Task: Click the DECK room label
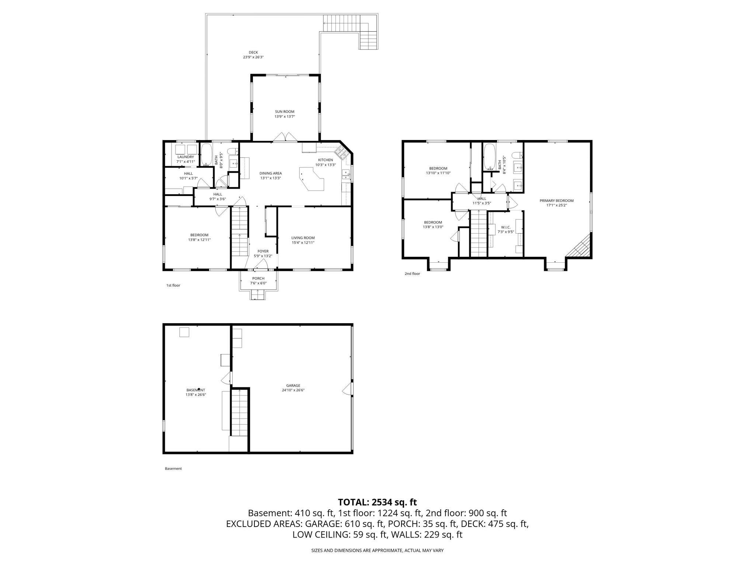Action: pyautogui.click(x=253, y=52)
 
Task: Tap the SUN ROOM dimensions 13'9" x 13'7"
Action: pyautogui.click(x=285, y=116)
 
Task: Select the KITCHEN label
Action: pyautogui.click(x=326, y=160)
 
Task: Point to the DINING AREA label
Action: pyautogui.click(x=271, y=173)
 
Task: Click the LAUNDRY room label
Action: pyautogui.click(x=185, y=157)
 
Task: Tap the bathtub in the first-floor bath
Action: pyautogui.click(x=206, y=154)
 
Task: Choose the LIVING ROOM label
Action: pyautogui.click(x=303, y=238)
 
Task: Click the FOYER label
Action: pyautogui.click(x=263, y=251)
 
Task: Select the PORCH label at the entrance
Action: pyautogui.click(x=258, y=278)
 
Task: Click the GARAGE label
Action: pyautogui.click(x=293, y=385)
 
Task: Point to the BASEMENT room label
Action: pyautogui.click(x=195, y=390)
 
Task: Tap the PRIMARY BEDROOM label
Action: pyautogui.click(x=556, y=201)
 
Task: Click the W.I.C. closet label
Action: pyautogui.click(x=505, y=227)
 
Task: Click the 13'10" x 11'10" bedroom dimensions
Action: pyautogui.click(x=438, y=173)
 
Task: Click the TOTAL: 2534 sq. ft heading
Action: pyautogui.click(x=377, y=502)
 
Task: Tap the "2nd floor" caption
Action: pyautogui.click(x=412, y=274)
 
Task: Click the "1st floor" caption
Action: pyautogui.click(x=173, y=285)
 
